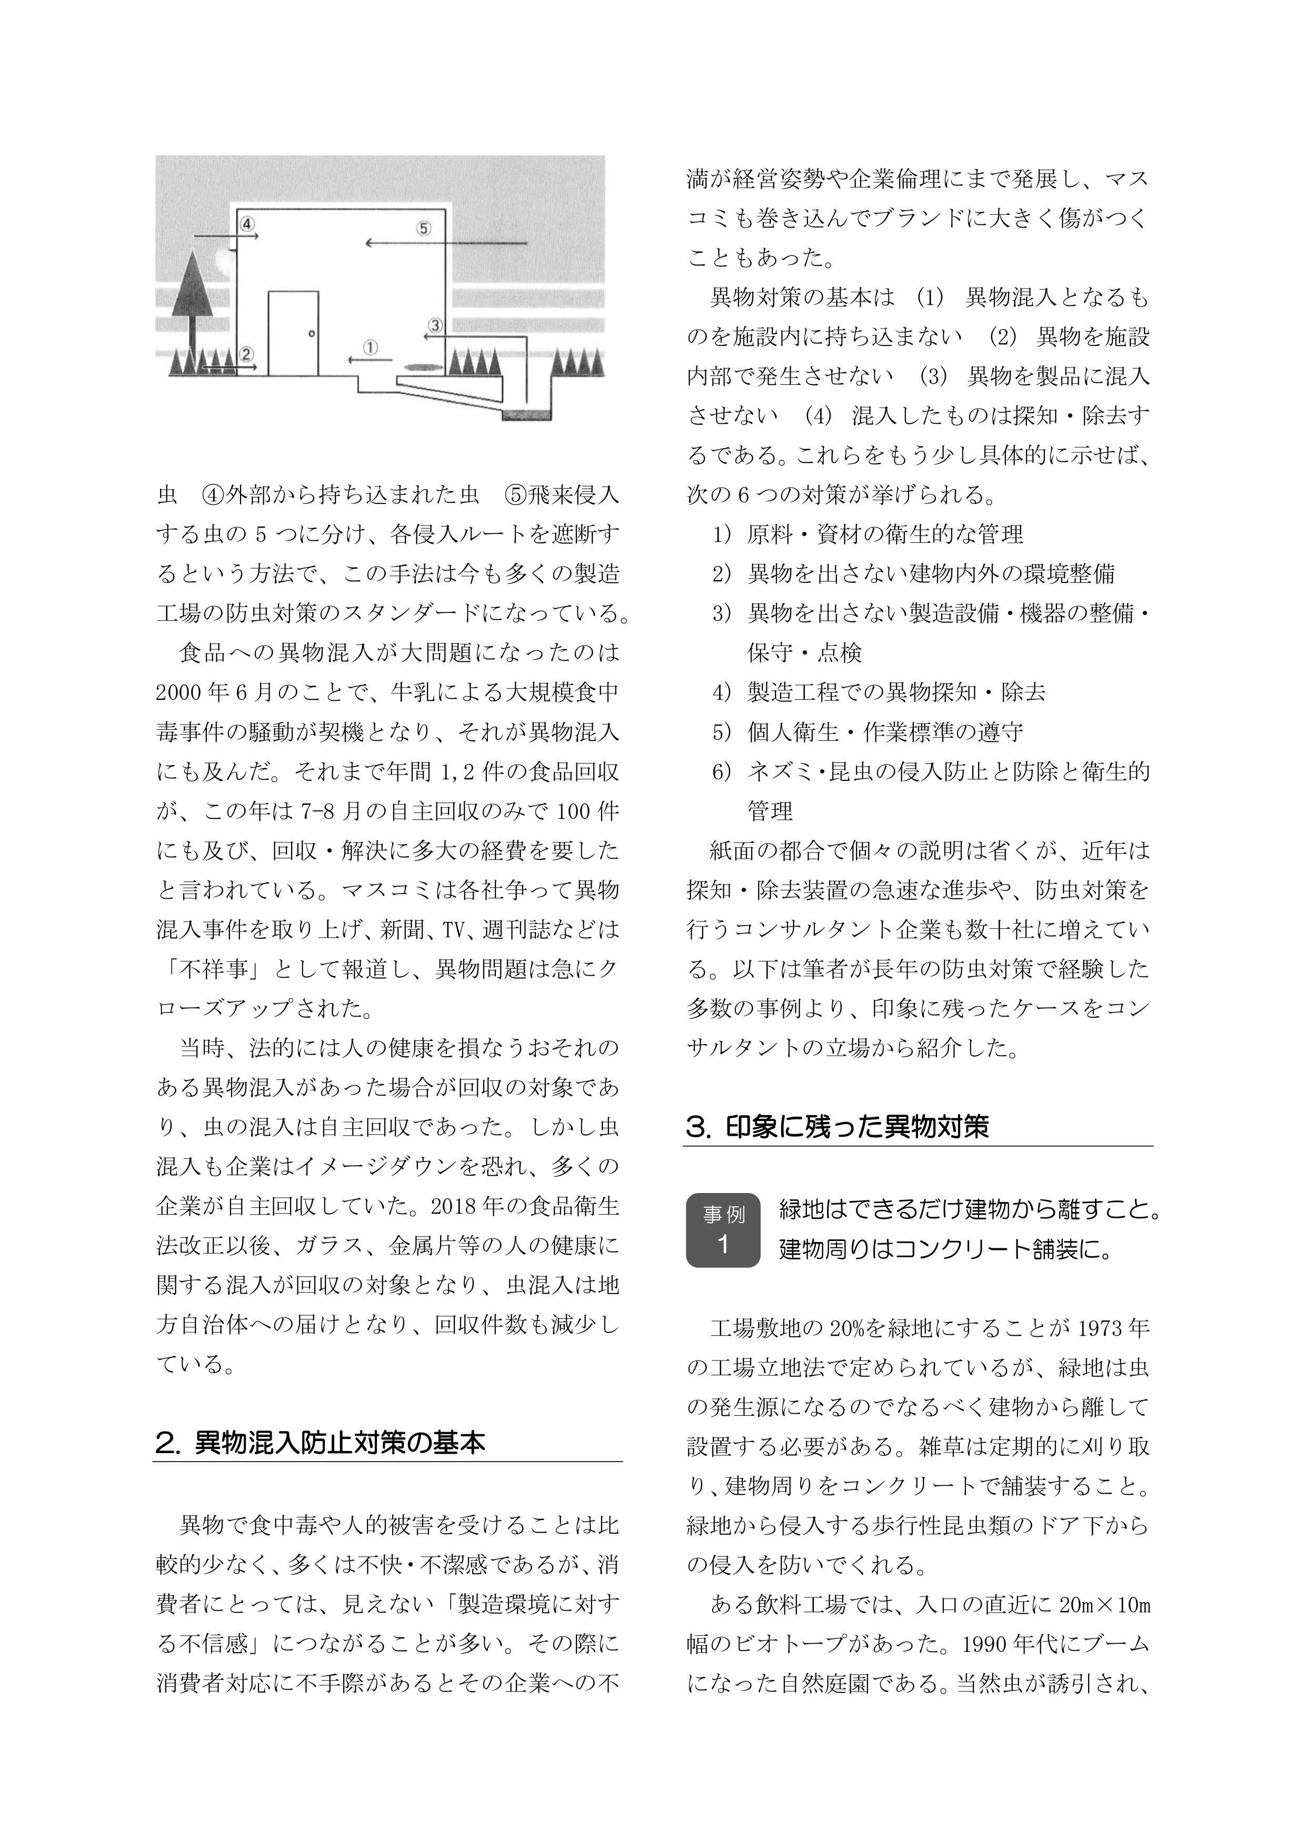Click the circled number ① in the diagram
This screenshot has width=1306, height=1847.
point(371,346)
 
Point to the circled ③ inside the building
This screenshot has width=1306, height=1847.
point(435,325)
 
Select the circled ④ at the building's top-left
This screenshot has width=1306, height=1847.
point(248,222)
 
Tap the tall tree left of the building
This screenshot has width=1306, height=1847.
point(193,297)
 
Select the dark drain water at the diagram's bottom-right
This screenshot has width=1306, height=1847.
point(527,414)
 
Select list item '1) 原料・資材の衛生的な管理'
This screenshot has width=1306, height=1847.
point(869,534)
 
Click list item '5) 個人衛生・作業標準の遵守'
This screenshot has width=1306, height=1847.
point(869,732)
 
